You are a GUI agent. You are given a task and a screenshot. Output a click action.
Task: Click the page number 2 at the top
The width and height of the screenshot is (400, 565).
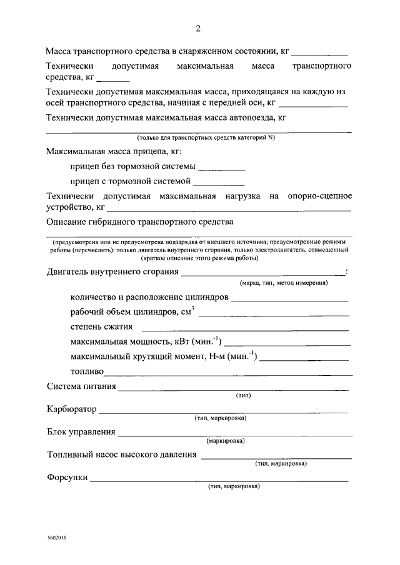[198, 29]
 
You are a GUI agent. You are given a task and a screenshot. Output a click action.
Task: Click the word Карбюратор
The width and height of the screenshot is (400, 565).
[72, 410]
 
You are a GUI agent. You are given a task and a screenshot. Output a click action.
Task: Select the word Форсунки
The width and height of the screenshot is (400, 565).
[67, 478]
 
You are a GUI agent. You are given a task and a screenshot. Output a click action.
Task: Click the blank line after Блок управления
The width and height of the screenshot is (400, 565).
[233, 435]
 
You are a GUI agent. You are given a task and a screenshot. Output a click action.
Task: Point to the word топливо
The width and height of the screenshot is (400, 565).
[87, 372]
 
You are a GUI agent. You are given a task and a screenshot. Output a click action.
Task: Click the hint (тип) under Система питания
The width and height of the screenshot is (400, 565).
[243, 396]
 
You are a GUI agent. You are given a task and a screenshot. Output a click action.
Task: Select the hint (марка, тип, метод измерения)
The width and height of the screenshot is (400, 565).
[284, 283]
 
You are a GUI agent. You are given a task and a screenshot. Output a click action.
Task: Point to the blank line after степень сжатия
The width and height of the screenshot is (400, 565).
[245, 329]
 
